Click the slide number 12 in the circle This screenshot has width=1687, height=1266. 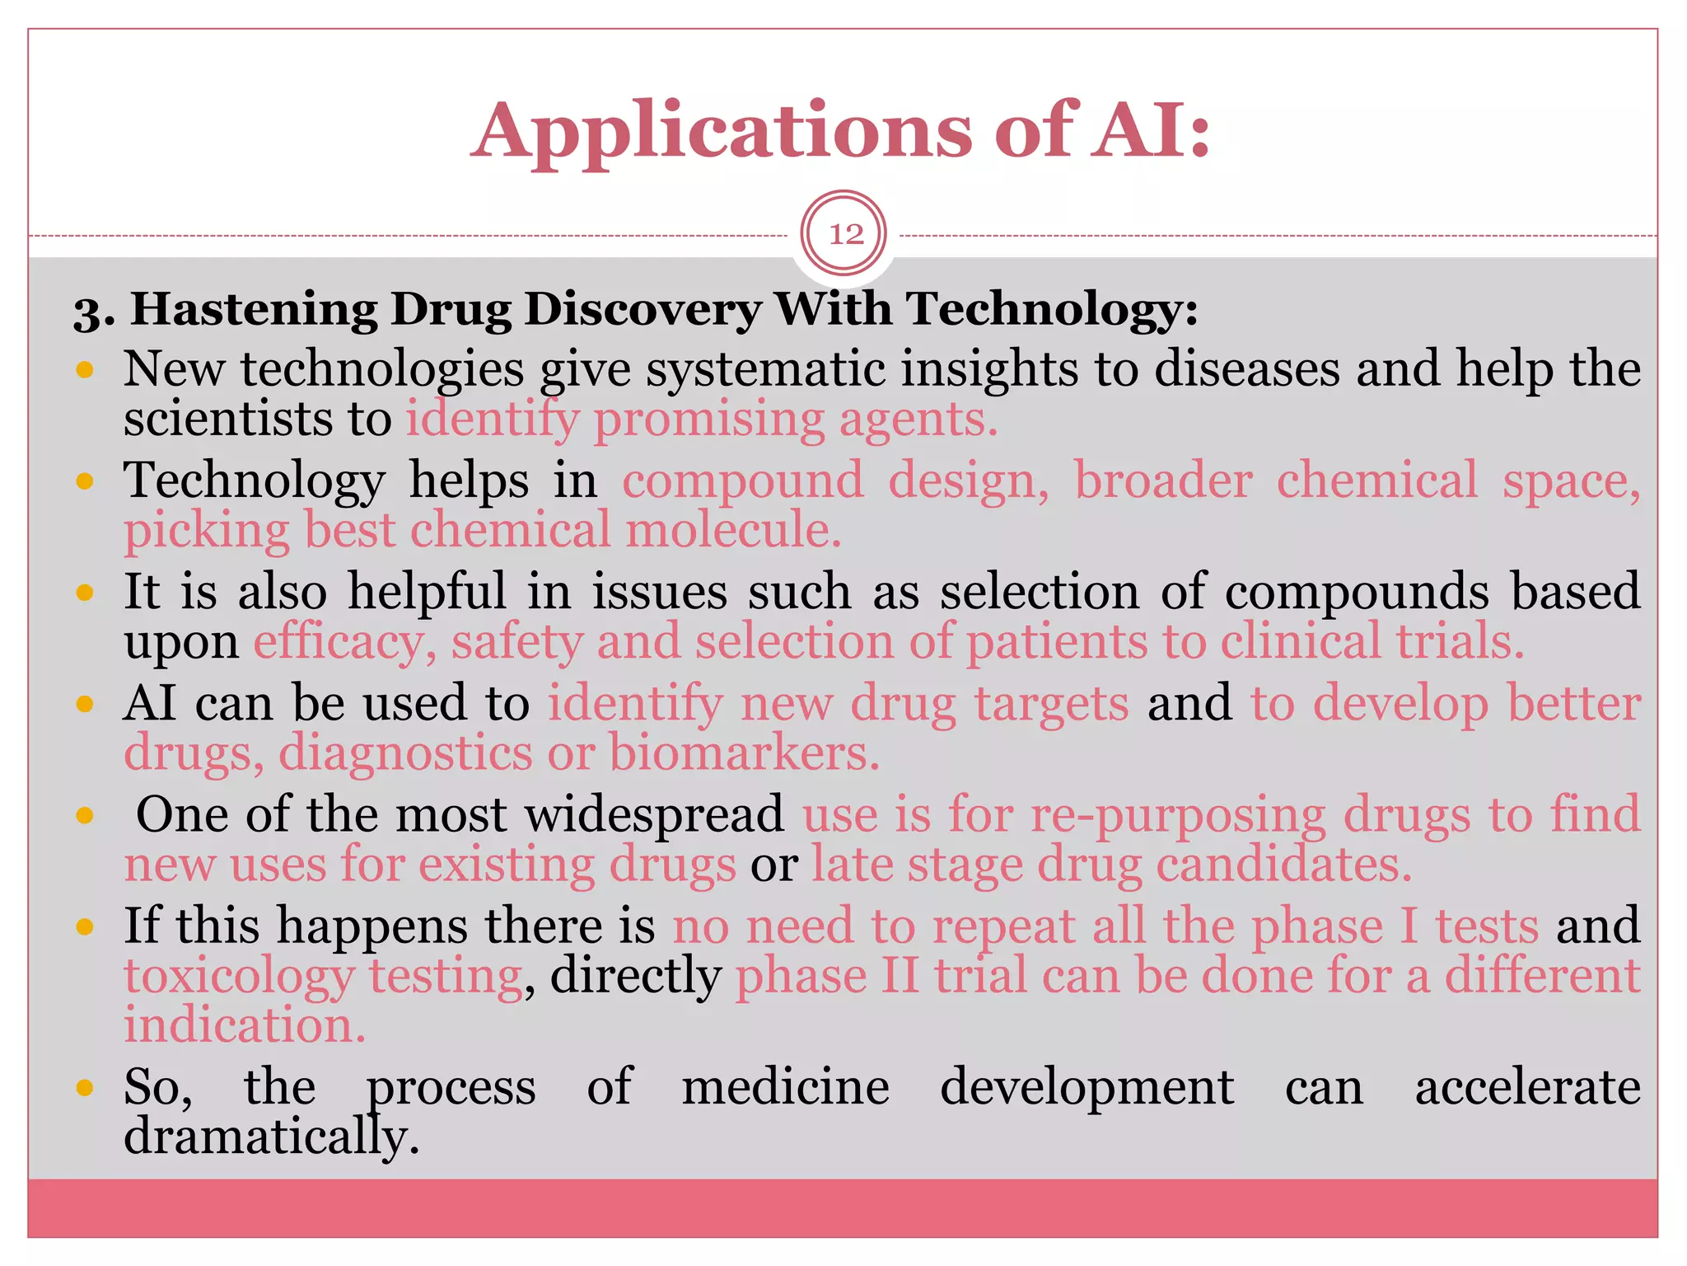tap(845, 234)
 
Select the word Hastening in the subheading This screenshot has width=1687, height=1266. tap(255, 310)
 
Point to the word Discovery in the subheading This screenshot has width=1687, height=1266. tap(643, 310)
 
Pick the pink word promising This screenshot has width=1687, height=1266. tap(708, 419)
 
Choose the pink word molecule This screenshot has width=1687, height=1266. tap(733, 529)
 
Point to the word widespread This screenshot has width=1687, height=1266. tap(654, 814)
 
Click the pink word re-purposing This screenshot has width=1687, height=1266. tap(1177, 816)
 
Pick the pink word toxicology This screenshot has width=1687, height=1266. tap(239, 977)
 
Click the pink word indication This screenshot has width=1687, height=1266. tap(244, 1025)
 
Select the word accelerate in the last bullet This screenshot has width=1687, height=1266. tap(1527, 1086)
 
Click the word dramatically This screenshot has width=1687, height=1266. tap(271, 1137)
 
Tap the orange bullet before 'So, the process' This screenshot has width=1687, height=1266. tap(84, 1087)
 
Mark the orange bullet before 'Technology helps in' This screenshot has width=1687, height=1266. tap(84, 481)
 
